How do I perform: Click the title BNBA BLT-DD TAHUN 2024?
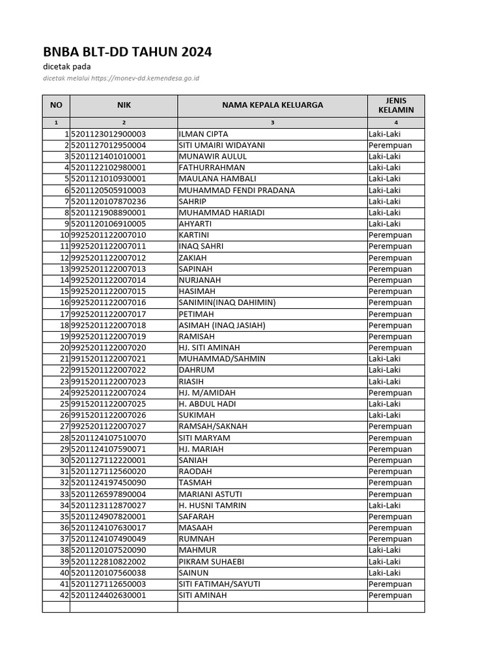[x=128, y=52]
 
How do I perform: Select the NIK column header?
[x=124, y=105]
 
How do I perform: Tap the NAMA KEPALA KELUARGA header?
[x=272, y=105]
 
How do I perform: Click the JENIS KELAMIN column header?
[x=396, y=105]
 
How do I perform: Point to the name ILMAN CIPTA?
[x=203, y=134]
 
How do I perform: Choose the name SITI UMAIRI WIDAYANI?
[x=221, y=145]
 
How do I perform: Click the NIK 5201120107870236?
[x=109, y=202]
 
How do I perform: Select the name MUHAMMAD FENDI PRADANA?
[x=236, y=190]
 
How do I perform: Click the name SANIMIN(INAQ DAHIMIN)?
[x=227, y=302]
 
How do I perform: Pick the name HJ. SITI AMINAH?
[x=209, y=347]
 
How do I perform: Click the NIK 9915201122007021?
[x=109, y=359]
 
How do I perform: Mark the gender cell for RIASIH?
[x=384, y=381]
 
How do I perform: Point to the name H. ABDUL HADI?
[x=207, y=404]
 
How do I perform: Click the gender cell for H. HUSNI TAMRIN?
[x=384, y=505]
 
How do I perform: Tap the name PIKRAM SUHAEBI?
[x=210, y=561]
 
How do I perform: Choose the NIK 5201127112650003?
[x=109, y=584]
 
